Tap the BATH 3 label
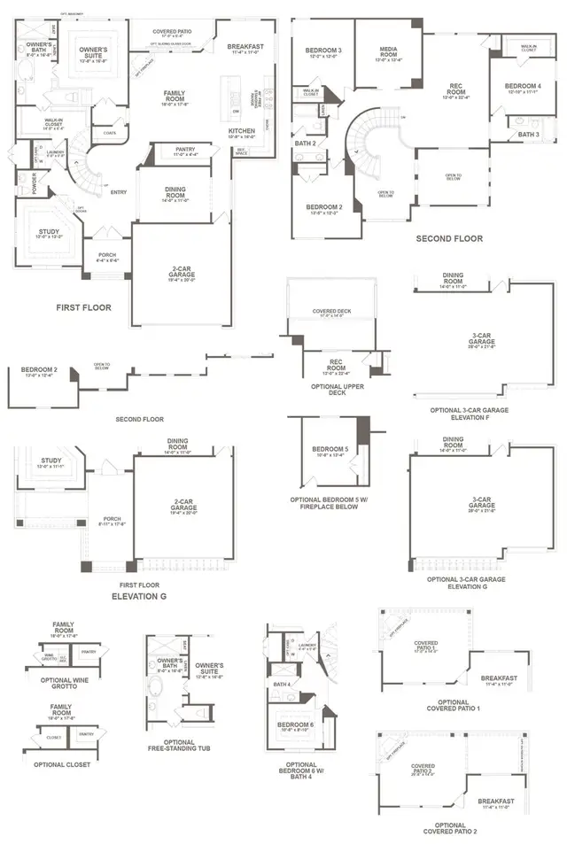pyautogui.click(x=528, y=134)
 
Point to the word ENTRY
pyautogui.click(x=118, y=191)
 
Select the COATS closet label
pyautogui.click(x=110, y=134)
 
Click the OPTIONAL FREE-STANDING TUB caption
pyautogui.click(x=177, y=746)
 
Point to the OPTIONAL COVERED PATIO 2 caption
pyautogui.click(x=425, y=829)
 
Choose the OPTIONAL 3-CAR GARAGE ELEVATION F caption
pyautogui.click(x=470, y=414)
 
